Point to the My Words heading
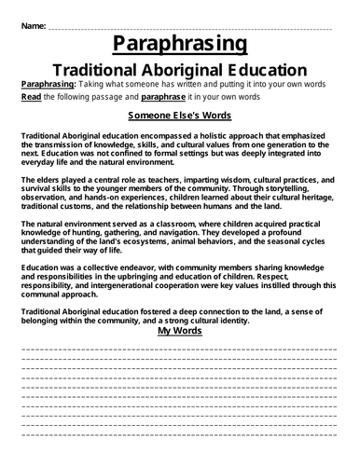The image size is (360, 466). (180, 330)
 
